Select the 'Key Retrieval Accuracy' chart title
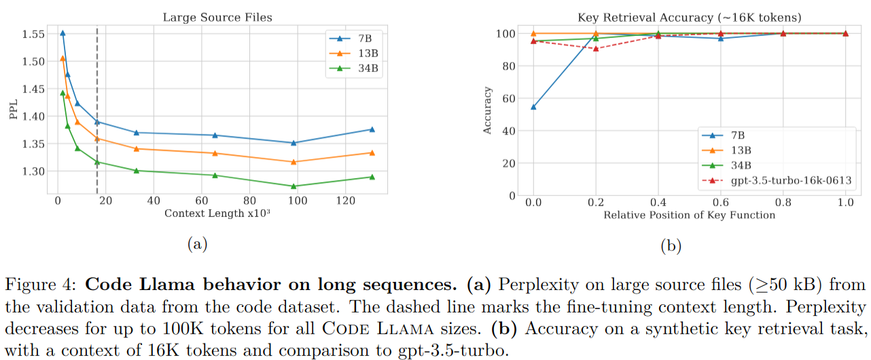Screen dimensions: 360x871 coord(686,18)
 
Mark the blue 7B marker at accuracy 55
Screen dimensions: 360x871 coord(533,107)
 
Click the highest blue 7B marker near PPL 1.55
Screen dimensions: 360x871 coord(63,33)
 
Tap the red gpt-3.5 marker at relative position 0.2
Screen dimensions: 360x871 coord(596,48)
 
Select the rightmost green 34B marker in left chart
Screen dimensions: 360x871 coord(372,177)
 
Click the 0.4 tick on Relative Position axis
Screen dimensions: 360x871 coord(658,202)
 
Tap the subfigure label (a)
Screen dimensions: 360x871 coord(196,245)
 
